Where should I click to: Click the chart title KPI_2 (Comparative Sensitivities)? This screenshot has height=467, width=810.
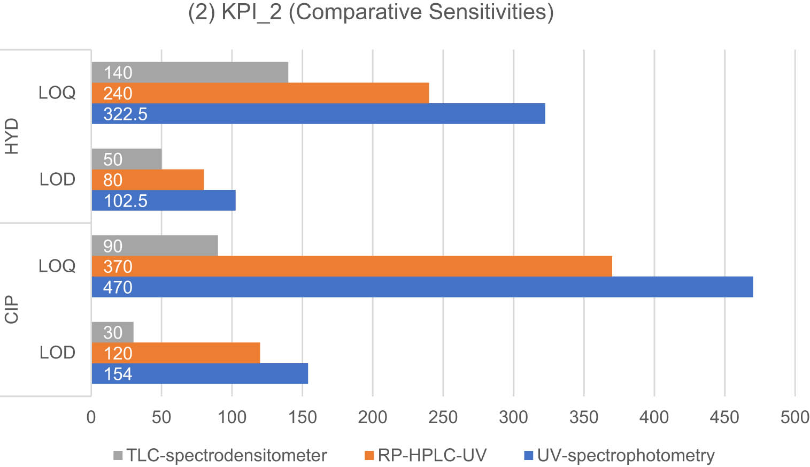click(371, 12)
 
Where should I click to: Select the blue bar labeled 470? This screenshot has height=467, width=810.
click(422, 287)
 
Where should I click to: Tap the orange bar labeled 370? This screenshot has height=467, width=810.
click(352, 266)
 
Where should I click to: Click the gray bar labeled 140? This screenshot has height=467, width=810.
click(190, 72)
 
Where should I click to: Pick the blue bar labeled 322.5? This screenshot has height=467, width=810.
click(319, 114)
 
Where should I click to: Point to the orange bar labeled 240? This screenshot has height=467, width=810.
click(260, 93)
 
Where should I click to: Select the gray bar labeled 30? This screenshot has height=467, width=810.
click(112, 332)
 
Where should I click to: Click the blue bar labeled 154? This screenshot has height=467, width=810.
click(199, 374)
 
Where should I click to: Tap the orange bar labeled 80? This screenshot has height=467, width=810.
click(148, 180)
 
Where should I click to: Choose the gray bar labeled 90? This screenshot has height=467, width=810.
click(155, 246)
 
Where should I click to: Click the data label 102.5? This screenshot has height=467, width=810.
click(125, 201)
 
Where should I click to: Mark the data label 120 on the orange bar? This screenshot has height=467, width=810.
click(118, 354)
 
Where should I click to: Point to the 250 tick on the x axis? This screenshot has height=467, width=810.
click(443, 417)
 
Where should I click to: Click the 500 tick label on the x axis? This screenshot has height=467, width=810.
click(794, 417)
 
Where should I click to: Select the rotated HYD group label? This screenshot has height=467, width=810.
click(12, 136)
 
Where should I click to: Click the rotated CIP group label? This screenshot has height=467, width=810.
click(12, 310)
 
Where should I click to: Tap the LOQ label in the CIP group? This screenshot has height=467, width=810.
click(57, 266)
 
